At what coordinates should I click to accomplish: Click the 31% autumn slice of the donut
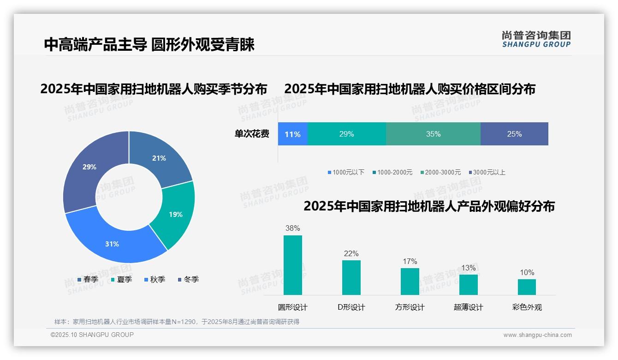tap(112, 244)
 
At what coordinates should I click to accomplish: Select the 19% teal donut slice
tap(175, 214)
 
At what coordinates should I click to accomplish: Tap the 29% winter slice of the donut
tap(89, 167)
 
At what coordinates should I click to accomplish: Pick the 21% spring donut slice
tap(159, 158)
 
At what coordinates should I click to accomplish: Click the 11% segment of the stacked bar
tap(292, 134)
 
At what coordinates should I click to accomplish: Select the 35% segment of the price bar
tap(433, 134)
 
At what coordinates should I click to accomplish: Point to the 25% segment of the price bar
tap(514, 134)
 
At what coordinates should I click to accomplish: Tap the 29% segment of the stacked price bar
tap(346, 134)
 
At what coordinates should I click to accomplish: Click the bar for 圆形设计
tap(292, 265)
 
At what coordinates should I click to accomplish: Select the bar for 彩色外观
tap(527, 287)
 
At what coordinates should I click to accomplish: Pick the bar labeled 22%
tap(351, 277)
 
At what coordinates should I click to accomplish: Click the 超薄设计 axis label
tap(468, 307)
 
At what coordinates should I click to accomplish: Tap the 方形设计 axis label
tap(410, 307)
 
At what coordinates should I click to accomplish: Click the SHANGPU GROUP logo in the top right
tap(536, 39)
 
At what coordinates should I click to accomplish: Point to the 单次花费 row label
tap(252, 134)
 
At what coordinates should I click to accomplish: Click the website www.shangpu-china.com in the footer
tap(537, 335)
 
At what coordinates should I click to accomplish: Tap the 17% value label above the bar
tap(410, 261)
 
